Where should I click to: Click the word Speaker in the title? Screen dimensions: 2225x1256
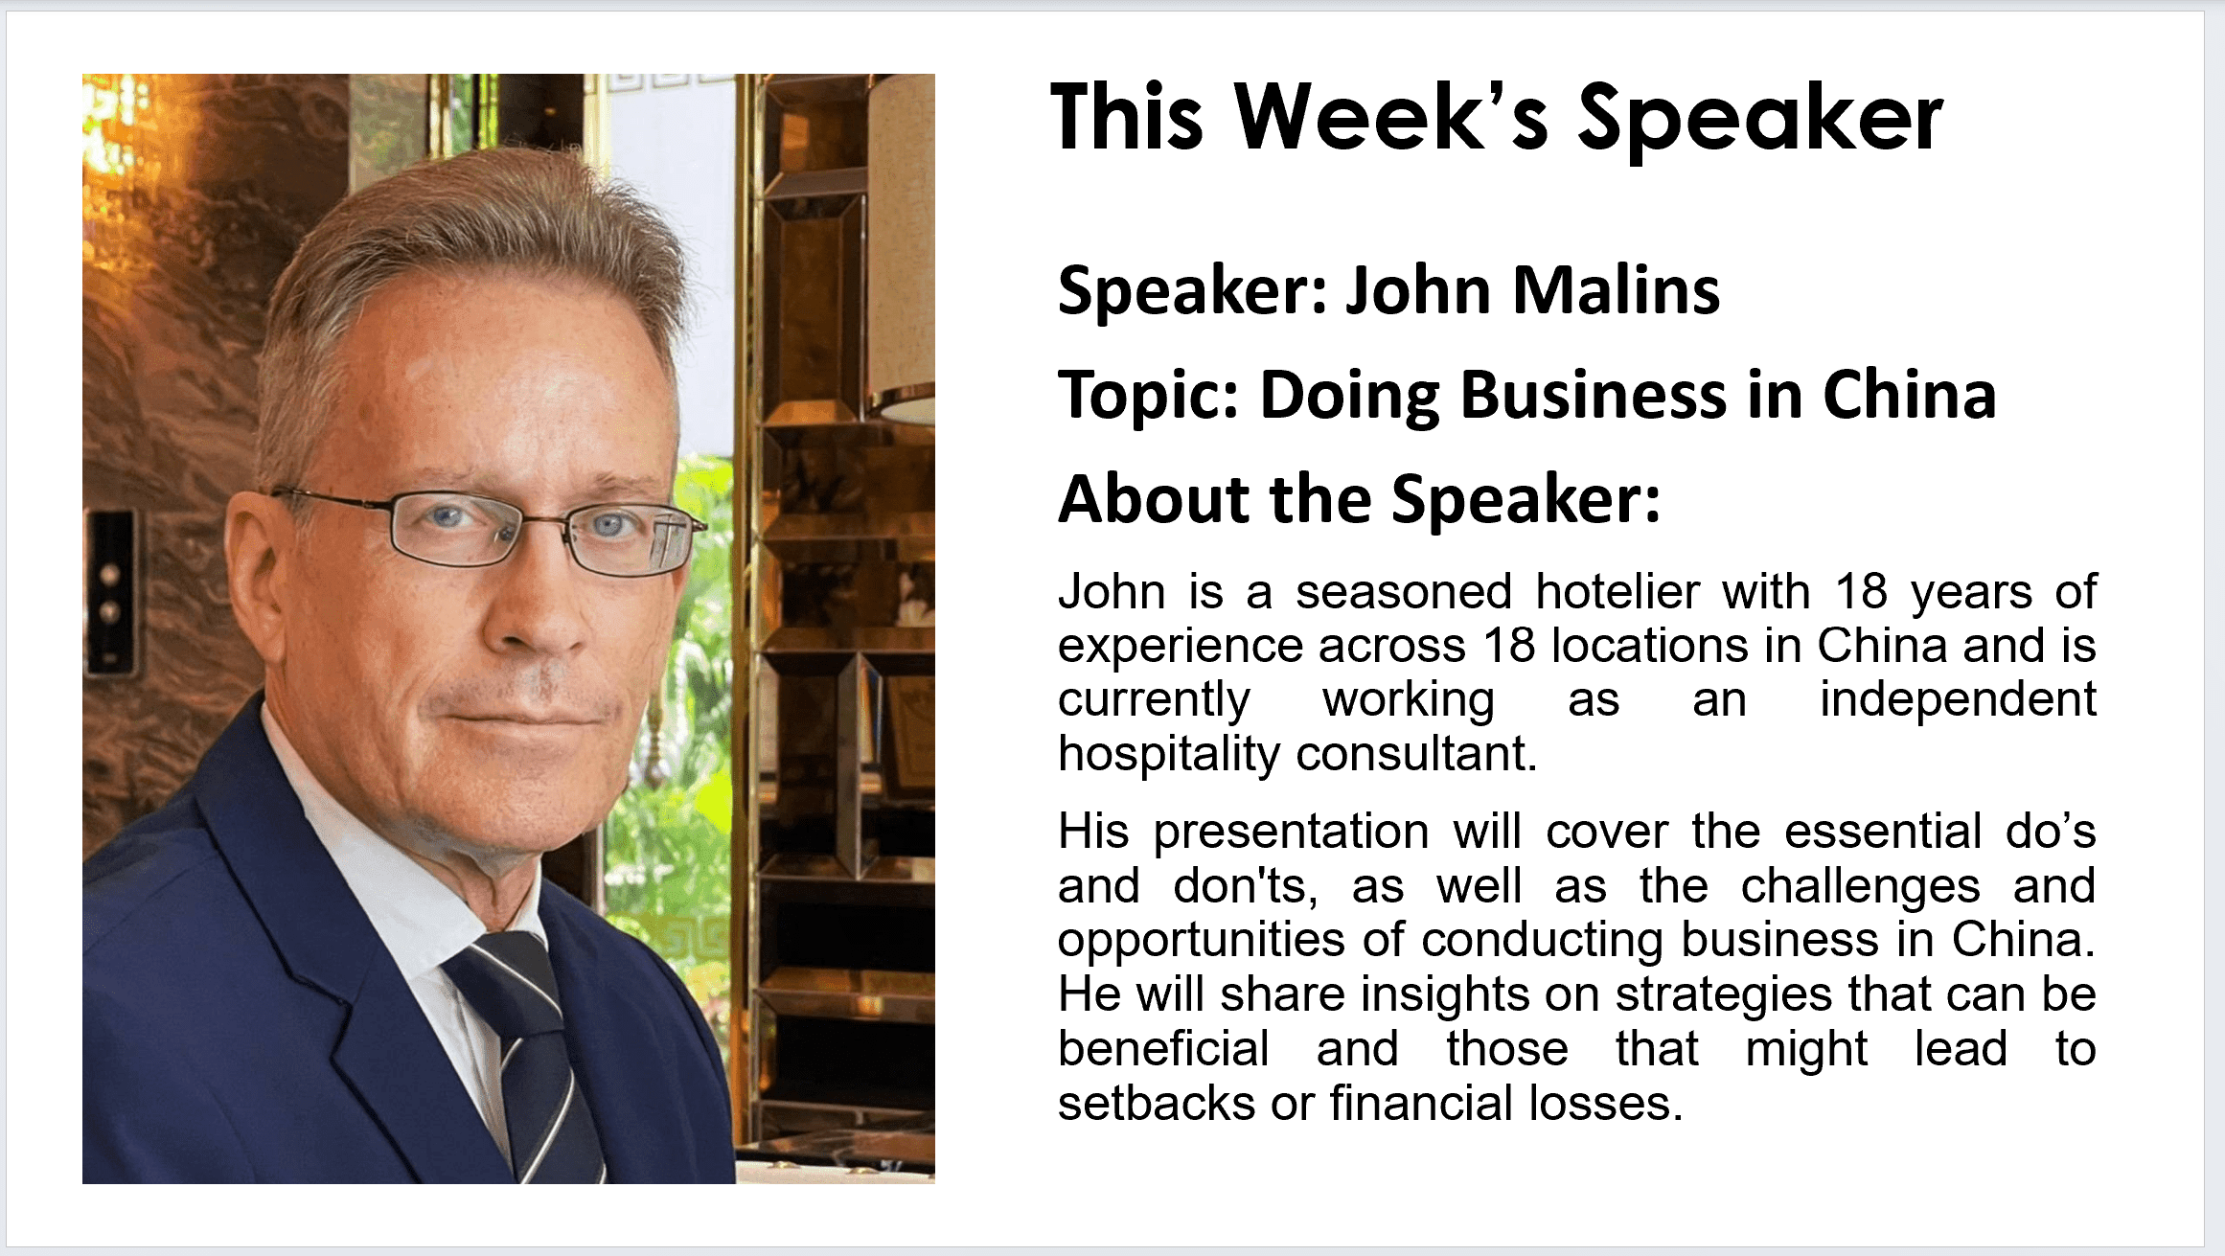[x=1760, y=120]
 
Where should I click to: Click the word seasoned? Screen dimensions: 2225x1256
[x=1404, y=592]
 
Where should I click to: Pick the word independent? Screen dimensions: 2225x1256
[x=1958, y=700]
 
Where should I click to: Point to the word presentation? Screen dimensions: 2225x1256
[x=1291, y=832]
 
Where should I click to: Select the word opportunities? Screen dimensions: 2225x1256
[x=1202, y=941]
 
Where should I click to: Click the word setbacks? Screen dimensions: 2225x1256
[x=1156, y=1104]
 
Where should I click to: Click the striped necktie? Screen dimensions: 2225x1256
[x=522, y=1054]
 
